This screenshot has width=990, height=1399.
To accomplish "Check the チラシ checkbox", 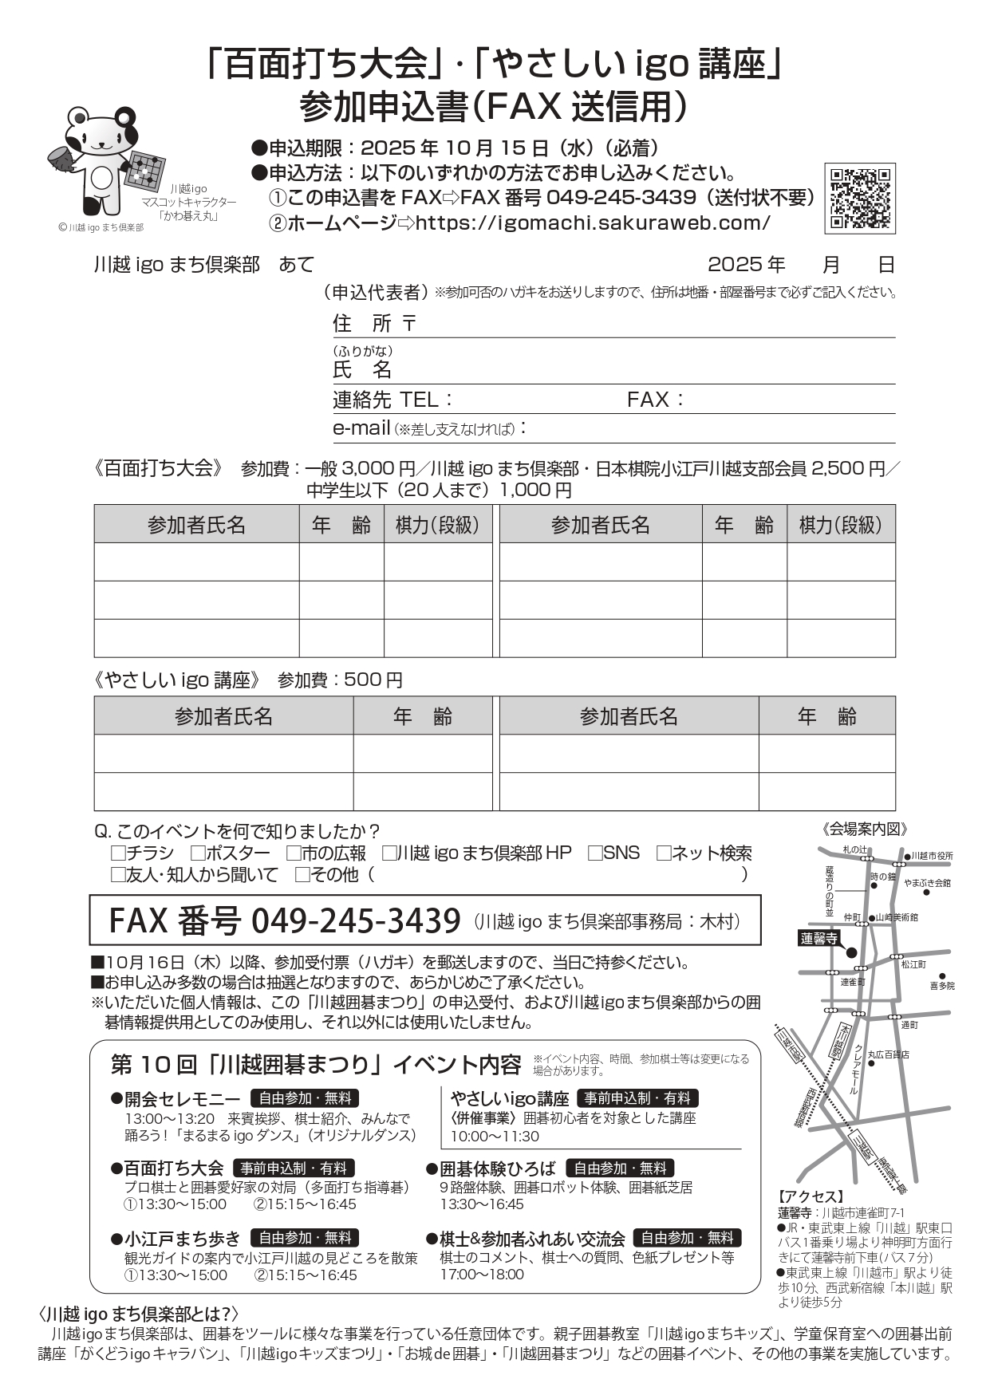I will pos(118,853).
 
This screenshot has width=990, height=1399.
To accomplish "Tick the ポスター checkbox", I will pos(198,853).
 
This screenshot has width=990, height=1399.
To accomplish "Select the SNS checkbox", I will pos(595,853).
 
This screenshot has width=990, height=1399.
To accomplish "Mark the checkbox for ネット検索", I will pos(664,853).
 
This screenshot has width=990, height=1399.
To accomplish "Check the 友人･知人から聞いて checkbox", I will pos(118,875).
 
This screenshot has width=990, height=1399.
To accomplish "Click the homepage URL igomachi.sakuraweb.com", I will pos(593,223).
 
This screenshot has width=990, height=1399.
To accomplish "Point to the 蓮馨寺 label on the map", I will pos(819,939).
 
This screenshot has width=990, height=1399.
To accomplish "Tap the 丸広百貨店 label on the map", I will pos(888,1054).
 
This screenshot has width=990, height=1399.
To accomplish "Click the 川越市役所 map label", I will pos(932,856).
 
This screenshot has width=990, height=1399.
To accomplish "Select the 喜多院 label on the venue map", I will pos(941,986).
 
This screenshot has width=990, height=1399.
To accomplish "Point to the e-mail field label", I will pos(361,428).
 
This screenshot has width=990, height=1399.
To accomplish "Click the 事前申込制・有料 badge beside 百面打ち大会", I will pos(293,1168).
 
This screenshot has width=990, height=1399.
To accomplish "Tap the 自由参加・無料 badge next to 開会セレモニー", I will pos(305,1098).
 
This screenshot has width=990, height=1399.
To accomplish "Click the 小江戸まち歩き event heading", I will pos(182,1239).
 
